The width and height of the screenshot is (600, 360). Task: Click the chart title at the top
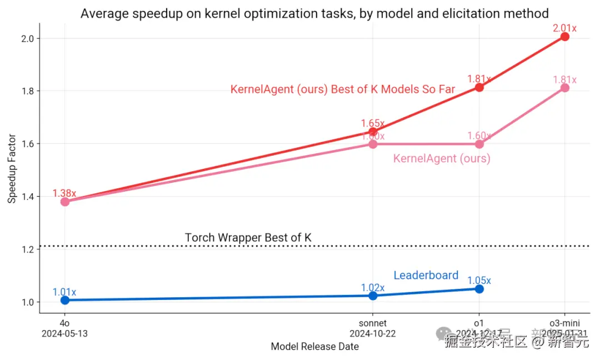(314, 13)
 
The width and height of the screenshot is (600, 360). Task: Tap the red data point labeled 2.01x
(565, 37)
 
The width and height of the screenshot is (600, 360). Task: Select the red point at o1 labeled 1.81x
(479, 87)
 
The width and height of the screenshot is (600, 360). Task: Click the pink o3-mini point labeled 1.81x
(565, 88)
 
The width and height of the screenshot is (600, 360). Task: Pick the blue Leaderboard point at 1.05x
(479, 289)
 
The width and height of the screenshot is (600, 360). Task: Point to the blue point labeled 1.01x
(65, 300)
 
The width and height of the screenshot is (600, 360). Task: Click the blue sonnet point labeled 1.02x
(373, 296)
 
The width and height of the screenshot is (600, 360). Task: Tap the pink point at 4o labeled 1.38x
(65, 202)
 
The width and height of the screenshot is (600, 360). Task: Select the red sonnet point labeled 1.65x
(373, 132)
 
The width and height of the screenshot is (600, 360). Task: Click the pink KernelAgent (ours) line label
(442, 158)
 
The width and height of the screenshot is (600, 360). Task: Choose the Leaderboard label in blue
(426, 275)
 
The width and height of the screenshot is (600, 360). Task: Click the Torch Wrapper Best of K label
(248, 238)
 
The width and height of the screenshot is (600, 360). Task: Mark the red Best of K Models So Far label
(343, 89)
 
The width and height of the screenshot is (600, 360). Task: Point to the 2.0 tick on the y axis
(27, 38)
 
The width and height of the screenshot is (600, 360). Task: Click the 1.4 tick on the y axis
(27, 197)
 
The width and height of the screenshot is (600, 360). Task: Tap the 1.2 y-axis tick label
(27, 249)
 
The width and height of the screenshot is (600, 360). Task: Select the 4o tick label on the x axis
(65, 323)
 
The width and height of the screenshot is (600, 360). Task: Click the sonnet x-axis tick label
(373, 323)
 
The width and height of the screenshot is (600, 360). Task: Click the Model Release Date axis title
(314, 347)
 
